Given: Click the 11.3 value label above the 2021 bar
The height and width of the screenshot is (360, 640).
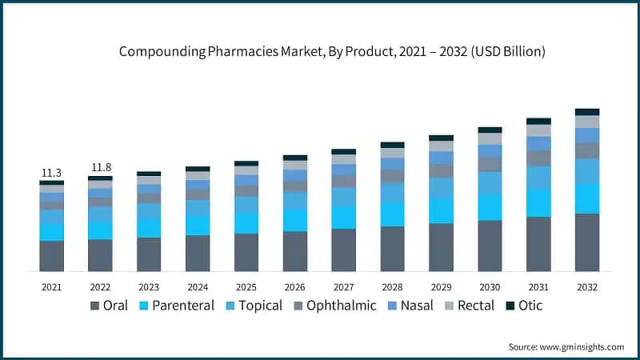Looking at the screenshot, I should [51, 173].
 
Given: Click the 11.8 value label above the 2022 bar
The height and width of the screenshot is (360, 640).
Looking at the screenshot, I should [101, 167].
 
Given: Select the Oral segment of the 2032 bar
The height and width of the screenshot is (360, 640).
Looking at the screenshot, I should [587, 242].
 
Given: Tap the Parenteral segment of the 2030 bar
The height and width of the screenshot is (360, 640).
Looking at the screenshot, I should [490, 207].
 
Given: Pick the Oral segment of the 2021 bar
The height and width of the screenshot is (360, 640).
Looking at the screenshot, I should [51, 256].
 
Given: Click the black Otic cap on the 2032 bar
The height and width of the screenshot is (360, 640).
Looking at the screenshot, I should [587, 112].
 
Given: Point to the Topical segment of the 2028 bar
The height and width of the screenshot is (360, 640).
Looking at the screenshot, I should [392, 193].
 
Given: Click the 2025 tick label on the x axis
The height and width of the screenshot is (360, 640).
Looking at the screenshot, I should [246, 286].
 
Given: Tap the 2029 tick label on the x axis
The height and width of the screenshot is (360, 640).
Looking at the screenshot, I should [441, 286].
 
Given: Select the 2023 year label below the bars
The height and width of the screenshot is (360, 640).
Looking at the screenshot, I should [149, 286].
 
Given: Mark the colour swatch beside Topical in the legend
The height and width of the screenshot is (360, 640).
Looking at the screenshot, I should [230, 306].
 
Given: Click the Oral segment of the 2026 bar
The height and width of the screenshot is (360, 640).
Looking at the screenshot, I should [294, 251].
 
